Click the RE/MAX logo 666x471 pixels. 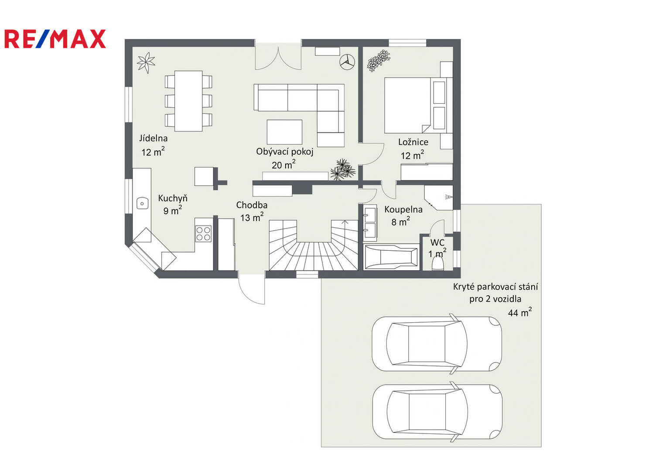point(55,39)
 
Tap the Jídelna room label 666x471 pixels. point(154,138)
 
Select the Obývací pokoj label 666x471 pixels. point(284,152)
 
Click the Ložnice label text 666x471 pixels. point(413,142)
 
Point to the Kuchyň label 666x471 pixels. point(173,198)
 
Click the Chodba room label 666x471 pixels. point(252,205)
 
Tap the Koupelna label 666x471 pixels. point(403,209)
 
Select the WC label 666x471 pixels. point(437,242)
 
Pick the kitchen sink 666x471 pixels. point(142,204)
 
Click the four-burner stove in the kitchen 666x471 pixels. point(203,233)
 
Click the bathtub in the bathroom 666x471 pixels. point(391,257)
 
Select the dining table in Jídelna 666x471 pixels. point(188,101)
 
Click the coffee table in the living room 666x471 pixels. point(284,132)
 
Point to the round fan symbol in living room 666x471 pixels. point(347,62)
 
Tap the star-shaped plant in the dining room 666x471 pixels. point(146,63)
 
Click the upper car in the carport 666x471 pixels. point(437,344)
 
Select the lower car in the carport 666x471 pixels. point(437,412)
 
